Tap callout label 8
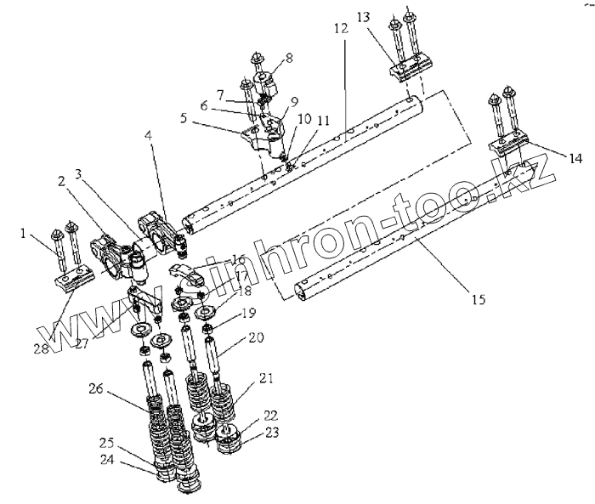pos(289,58)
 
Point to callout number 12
pos(340,29)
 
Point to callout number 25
pos(107,443)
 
